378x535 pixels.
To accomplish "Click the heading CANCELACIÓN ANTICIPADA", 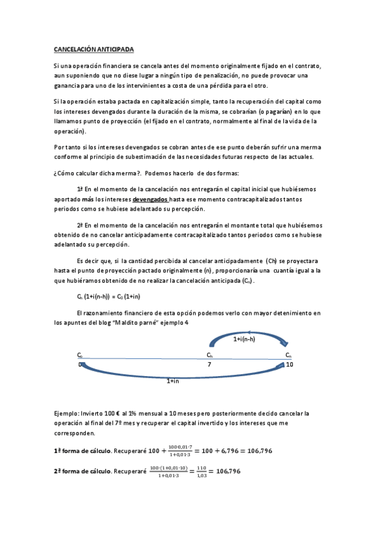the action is click(93, 49).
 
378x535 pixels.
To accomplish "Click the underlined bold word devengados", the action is click(148, 199).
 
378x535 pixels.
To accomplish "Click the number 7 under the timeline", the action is click(210, 365).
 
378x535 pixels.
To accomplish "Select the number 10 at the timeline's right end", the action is click(289, 365).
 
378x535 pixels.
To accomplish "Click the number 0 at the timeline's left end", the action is click(80, 365).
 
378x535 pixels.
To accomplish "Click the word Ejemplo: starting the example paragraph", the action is click(66, 413).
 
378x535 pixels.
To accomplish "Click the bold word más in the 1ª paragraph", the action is click(88, 199).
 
